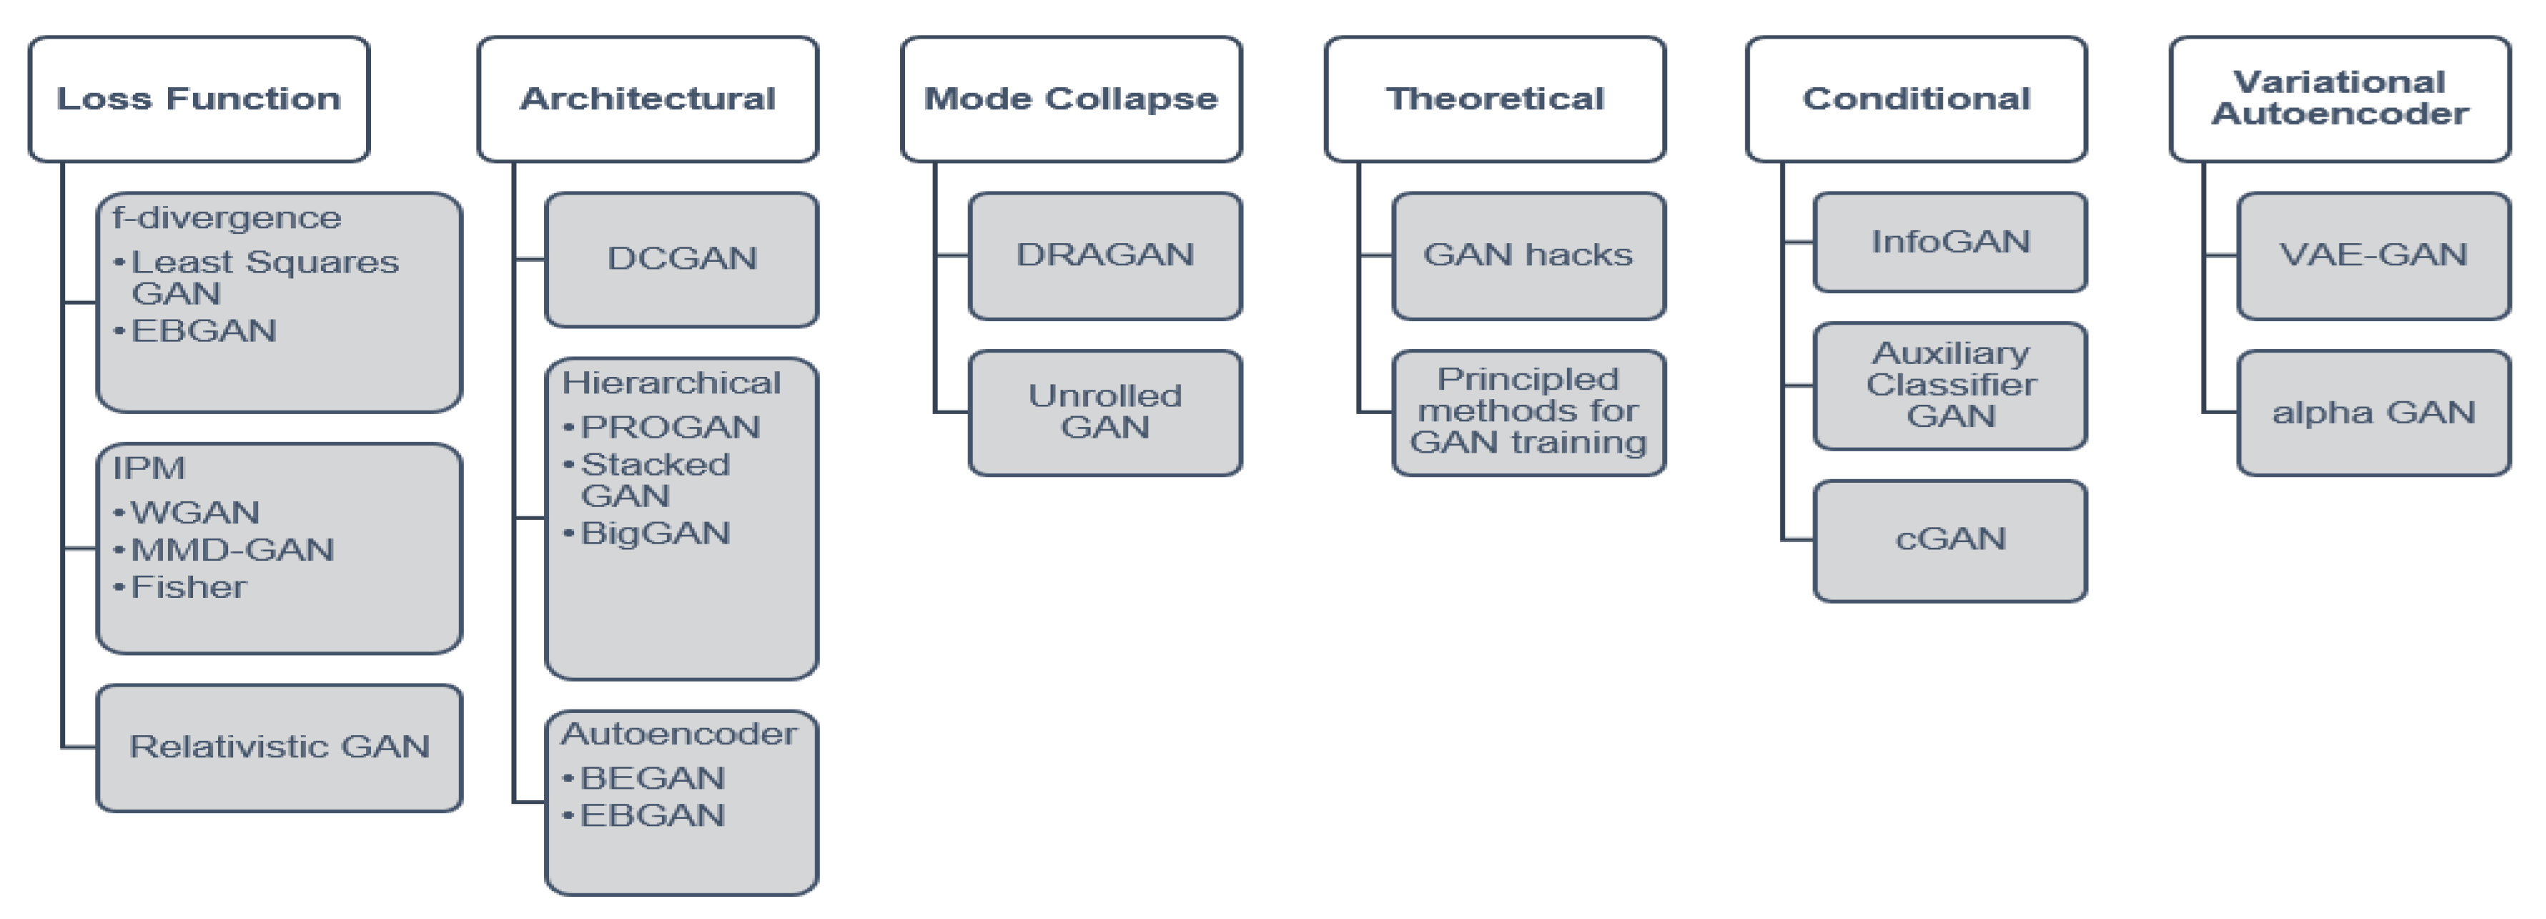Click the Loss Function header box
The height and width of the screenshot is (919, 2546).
(199, 99)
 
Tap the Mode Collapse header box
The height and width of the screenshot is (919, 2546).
(1071, 99)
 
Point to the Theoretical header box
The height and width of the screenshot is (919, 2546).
(1494, 99)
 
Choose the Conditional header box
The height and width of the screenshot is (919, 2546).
(1916, 99)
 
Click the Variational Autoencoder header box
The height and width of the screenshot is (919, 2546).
(2339, 99)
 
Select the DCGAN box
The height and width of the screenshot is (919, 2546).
(682, 259)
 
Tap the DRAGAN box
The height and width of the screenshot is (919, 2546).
(1105, 255)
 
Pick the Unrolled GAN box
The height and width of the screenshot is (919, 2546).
(1105, 412)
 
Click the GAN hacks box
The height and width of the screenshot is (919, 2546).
(1528, 255)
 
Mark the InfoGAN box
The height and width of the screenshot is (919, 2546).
(1950, 242)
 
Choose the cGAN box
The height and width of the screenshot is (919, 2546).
(1950, 539)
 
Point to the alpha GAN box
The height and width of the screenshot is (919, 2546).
(2373, 412)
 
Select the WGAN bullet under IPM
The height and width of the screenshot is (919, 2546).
(194, 513)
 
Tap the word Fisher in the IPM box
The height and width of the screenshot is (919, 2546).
(189, 588)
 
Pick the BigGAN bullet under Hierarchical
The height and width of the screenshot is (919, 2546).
(654, 534)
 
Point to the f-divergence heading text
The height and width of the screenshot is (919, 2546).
(227, 218)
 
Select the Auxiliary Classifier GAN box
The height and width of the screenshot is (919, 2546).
(1950, 385)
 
